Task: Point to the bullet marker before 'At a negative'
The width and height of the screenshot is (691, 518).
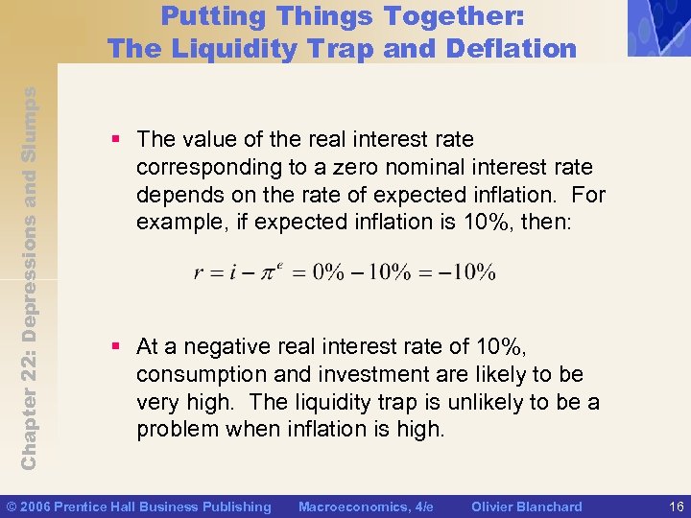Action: tap(116, 347)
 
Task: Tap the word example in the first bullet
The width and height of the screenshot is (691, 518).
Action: tap(178, 222)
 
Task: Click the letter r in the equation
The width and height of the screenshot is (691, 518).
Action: tap(199, 273)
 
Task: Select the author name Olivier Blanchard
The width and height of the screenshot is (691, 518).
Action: tap(528, 506)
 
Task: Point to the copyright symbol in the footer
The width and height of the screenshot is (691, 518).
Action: tap(12, 506)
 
